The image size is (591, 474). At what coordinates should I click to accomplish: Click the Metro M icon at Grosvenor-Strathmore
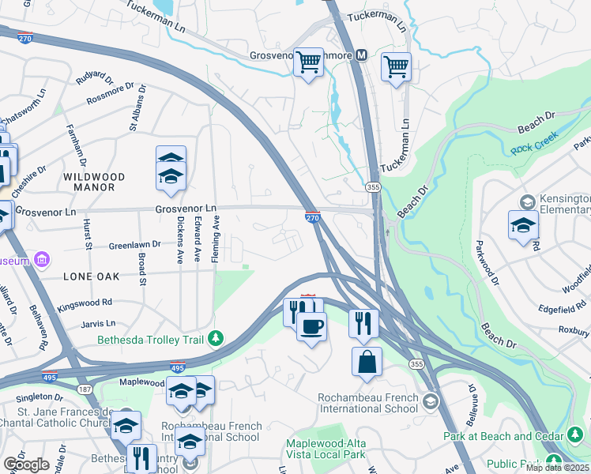click(362, 55)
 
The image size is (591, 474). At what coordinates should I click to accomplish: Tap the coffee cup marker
click(312, 325)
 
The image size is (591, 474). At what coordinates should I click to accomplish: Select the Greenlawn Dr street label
click(134, 246)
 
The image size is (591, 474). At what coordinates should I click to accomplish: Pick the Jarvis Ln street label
click(100, 323)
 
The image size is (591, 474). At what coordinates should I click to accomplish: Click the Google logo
click(25, 465)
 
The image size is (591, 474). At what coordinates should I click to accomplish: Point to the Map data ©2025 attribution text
click(557, 467)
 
